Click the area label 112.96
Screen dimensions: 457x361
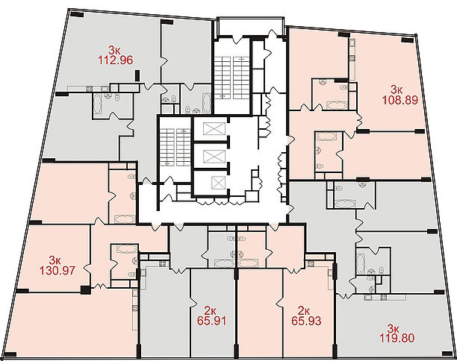click(x=115, y=60)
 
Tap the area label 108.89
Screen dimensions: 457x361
click(x=400, y=100)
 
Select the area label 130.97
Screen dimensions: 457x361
click(x=57, y=271)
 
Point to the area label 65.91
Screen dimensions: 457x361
click(x=211, y=321)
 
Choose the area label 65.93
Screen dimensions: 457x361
click(x=306, y=321)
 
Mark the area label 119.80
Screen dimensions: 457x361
click(x=397, y=339)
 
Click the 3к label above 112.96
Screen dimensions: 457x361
click(x=114, y=50)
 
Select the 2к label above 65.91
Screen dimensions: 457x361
click(x=211, y=310)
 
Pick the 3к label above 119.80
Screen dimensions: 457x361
click(x=394, y=329)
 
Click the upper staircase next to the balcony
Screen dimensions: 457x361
click(x=232, y=76)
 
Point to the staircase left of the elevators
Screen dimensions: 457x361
click(x=175, y=148)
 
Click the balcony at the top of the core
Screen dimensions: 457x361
click(x=250, y=27)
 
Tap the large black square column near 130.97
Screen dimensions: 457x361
click(x=85, y=289)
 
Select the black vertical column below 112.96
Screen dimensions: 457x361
click(x=137, y=75)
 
